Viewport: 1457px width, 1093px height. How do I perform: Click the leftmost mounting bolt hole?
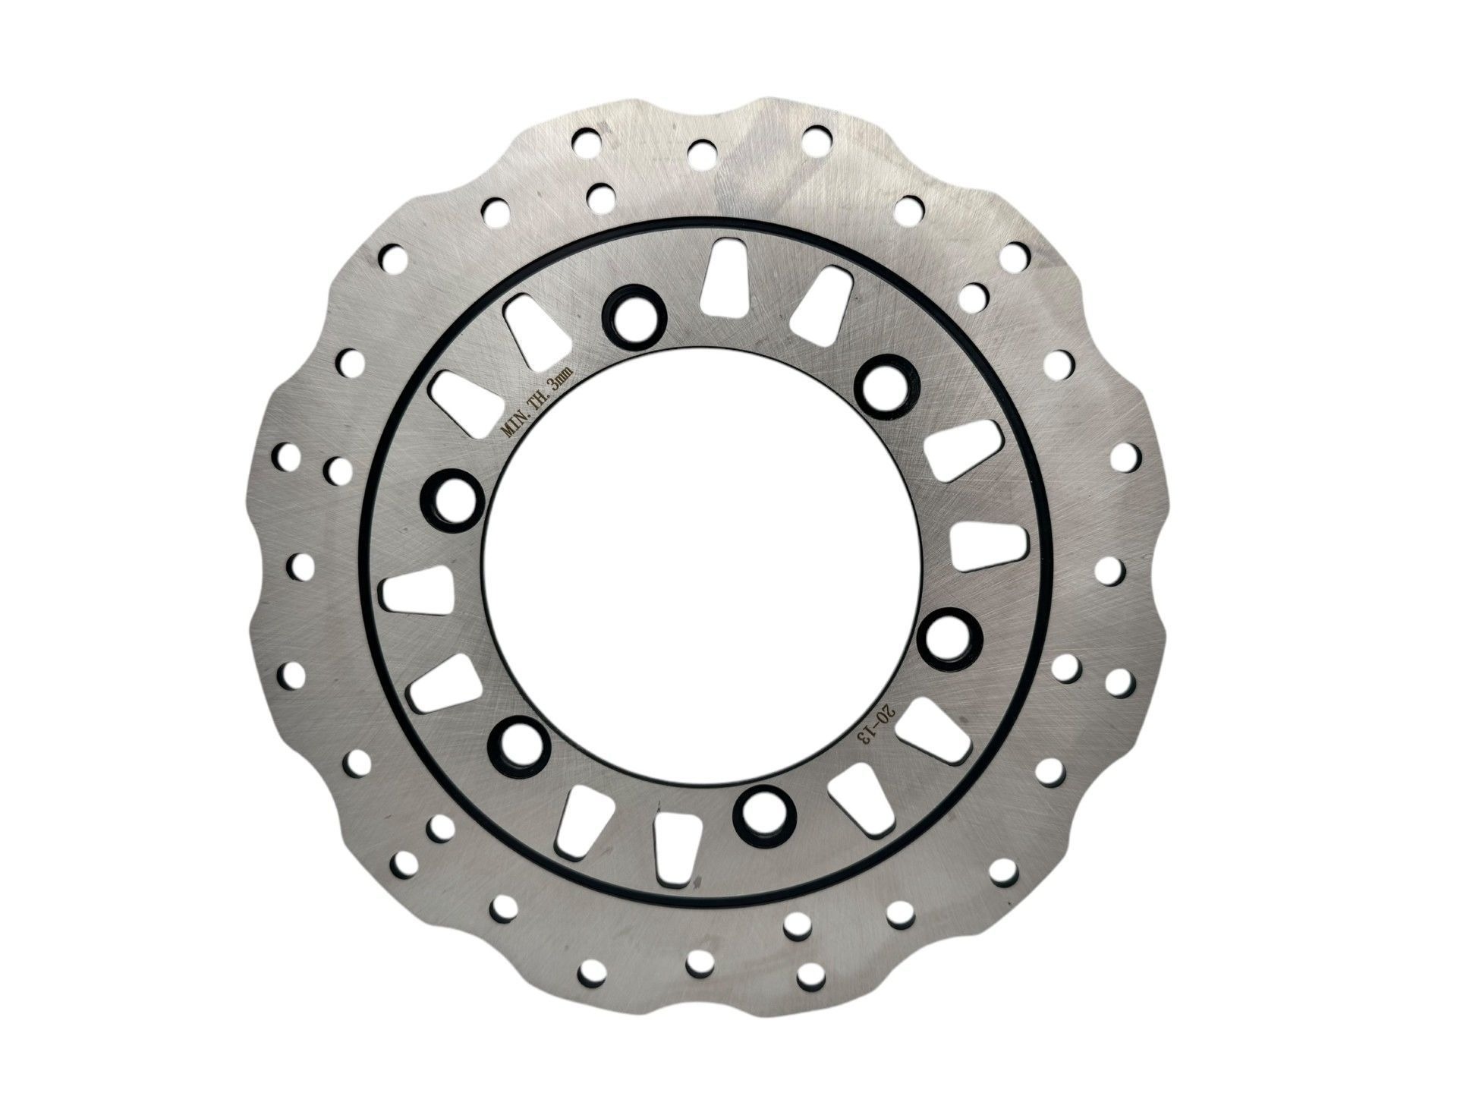(x=452, y=501)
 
